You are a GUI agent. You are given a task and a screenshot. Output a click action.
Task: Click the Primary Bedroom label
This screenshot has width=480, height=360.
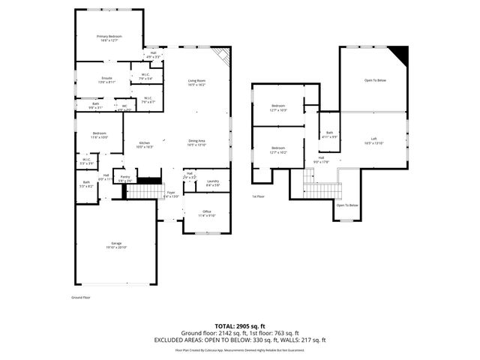109,36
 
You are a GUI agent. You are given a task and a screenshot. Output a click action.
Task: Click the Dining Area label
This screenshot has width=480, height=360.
196,141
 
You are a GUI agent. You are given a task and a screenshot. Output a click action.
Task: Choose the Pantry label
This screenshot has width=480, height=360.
125,177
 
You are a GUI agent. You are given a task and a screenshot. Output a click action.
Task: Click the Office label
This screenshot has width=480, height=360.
207,211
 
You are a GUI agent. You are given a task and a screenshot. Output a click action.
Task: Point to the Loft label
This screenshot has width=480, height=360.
373,139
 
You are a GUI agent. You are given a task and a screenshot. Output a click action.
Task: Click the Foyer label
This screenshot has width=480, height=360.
170,193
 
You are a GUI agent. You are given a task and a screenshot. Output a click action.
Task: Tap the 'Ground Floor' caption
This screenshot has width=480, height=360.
81,298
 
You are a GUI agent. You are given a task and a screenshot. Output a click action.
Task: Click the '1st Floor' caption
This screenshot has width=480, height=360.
259,196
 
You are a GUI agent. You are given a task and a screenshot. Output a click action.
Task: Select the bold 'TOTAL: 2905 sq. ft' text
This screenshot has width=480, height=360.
239,325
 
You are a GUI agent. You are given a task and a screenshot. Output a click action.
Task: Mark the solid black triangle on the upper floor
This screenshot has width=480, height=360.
400,55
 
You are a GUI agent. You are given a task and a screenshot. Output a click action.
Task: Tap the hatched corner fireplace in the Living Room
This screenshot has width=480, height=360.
220,57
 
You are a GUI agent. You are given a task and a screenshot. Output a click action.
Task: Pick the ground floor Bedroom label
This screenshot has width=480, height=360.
99,135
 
